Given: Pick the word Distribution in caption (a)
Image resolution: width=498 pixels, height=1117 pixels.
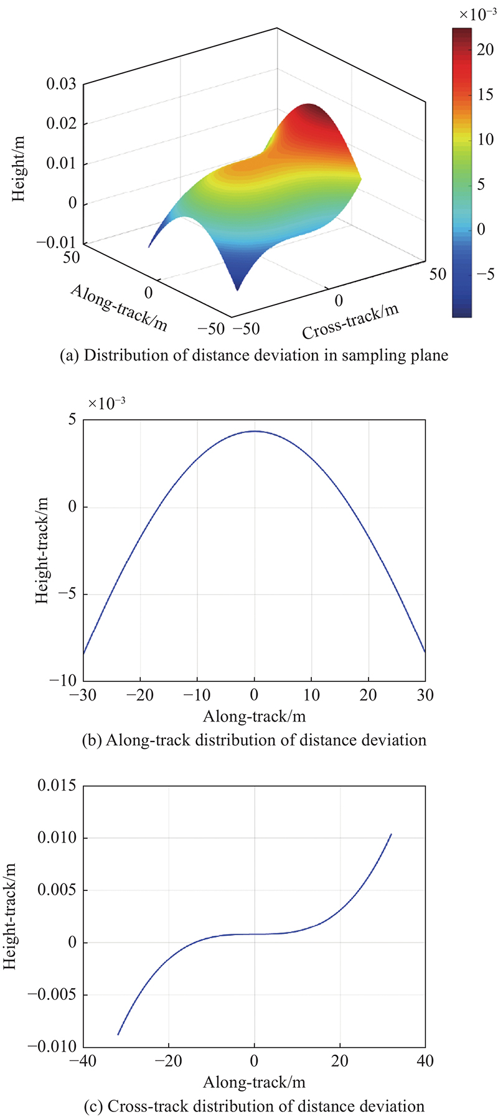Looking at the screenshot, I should coord(123,356).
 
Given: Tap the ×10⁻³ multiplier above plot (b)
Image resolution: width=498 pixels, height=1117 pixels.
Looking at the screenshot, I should coord(106,403).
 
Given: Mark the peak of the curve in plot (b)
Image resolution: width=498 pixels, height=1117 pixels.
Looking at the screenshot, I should coord(255,431).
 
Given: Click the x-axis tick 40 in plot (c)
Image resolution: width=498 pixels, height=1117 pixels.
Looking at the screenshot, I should coord(425,1061).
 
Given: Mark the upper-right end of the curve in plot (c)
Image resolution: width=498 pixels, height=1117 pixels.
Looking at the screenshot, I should coord(391,834).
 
